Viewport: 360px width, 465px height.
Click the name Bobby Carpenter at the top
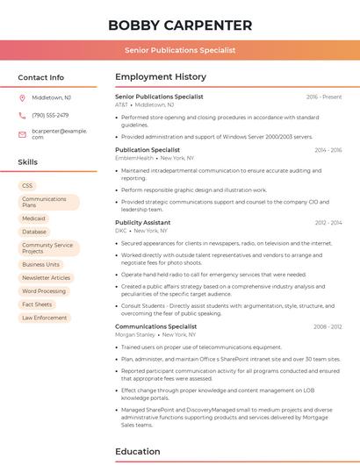(179, 25)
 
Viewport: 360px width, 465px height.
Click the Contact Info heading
(40, 77)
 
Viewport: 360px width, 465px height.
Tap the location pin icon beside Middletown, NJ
(22, 97)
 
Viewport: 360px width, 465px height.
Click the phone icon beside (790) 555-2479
(22, 115)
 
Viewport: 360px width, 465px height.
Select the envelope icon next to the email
(22, 133)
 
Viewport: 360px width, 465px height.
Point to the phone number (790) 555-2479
(50, 115)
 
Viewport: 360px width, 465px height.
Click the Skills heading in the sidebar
(28, 162)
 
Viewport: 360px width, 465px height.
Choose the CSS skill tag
(27, 186)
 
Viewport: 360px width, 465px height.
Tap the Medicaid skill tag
(33, 218)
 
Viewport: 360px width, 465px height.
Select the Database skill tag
(34, 232)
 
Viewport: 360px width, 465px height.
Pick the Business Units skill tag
(40, 264)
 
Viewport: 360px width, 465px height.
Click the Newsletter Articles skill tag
(47, 277)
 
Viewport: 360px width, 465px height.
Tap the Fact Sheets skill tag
(37, 304)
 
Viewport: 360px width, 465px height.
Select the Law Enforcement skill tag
(44, 318)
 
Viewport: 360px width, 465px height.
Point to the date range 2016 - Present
(324, 97)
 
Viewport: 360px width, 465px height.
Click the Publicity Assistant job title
(142, 223)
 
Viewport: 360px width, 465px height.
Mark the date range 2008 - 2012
(328, 326)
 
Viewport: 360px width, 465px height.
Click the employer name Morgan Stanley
(135, 334)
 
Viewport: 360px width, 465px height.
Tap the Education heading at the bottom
(138, 452)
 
